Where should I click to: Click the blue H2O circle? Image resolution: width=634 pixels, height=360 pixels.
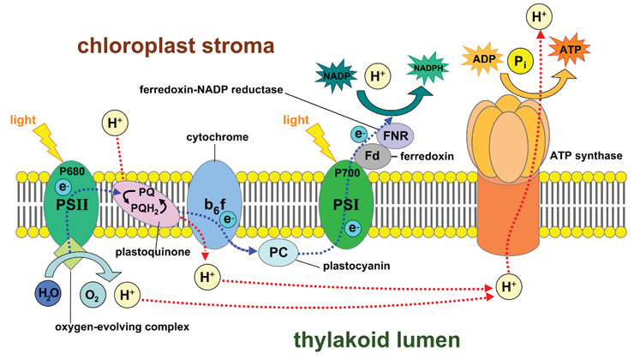pos(48,292)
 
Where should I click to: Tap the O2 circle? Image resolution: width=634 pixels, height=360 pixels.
pos(93,296)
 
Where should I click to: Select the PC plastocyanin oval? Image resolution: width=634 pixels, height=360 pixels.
pos(278,253)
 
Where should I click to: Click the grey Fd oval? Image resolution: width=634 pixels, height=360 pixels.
pos(373,155)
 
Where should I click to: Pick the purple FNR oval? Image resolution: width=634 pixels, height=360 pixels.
pos(396,135)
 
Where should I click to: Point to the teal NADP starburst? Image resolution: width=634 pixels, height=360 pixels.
pos(337,75)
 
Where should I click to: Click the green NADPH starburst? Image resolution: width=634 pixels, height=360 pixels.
pos(428,69)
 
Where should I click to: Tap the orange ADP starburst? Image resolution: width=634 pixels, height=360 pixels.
pos(483,59)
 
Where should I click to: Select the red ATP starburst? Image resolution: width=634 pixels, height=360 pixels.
pos(569,50)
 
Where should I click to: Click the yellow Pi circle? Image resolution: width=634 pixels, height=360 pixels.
pos(520,62)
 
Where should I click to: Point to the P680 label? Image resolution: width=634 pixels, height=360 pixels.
pos(72,171)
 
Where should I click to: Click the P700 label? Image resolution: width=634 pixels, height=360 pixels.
pos(347,173)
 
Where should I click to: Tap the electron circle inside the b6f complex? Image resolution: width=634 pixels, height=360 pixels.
pos(229,219)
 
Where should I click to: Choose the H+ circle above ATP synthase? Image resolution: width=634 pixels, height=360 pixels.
pos(540,16)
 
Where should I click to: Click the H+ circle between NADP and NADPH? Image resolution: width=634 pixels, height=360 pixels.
pos(378,75)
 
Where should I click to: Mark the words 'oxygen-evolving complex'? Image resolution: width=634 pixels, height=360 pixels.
pos(123,327)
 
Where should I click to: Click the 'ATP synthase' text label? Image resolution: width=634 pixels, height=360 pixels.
pos(586,156)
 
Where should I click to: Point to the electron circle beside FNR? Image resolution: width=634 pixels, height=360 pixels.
pos(359,135)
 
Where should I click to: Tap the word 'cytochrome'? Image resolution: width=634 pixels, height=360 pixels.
pos(217,137)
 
